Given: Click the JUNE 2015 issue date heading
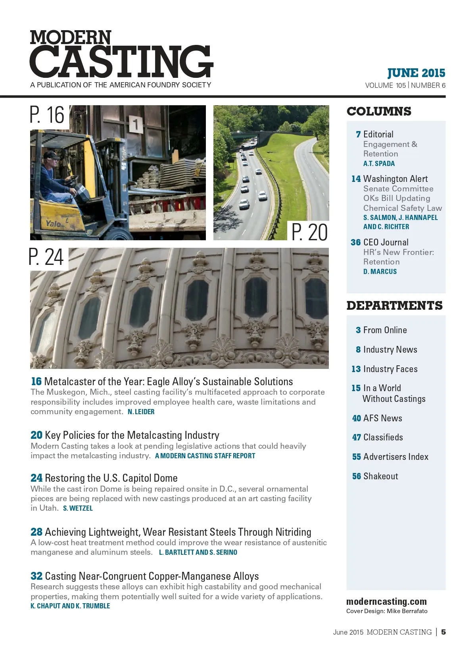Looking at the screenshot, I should click(x=416, y=73).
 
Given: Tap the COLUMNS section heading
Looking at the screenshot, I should click(x=379, y=112).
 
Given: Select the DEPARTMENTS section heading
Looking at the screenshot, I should click(x=394, y=305).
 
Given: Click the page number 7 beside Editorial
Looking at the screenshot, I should click(x=358, y=135).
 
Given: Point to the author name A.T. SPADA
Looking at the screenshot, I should click(x=379, y=164).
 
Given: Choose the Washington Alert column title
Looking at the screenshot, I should click(x=395, y=179).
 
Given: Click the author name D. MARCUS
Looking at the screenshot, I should click(x=380, y=272).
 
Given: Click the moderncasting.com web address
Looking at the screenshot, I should click(x=386, y=602).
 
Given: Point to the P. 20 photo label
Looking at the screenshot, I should click(x=309, y=232).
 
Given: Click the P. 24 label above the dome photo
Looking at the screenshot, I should click(x=46, y=257).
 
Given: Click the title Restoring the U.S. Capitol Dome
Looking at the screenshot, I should click(x=111, y=478).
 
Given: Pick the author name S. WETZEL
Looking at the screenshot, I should click(x=78, y=508).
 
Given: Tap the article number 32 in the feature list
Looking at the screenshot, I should click(x=36, y=576).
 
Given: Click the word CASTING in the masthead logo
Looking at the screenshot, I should click(x=121, y=62).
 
